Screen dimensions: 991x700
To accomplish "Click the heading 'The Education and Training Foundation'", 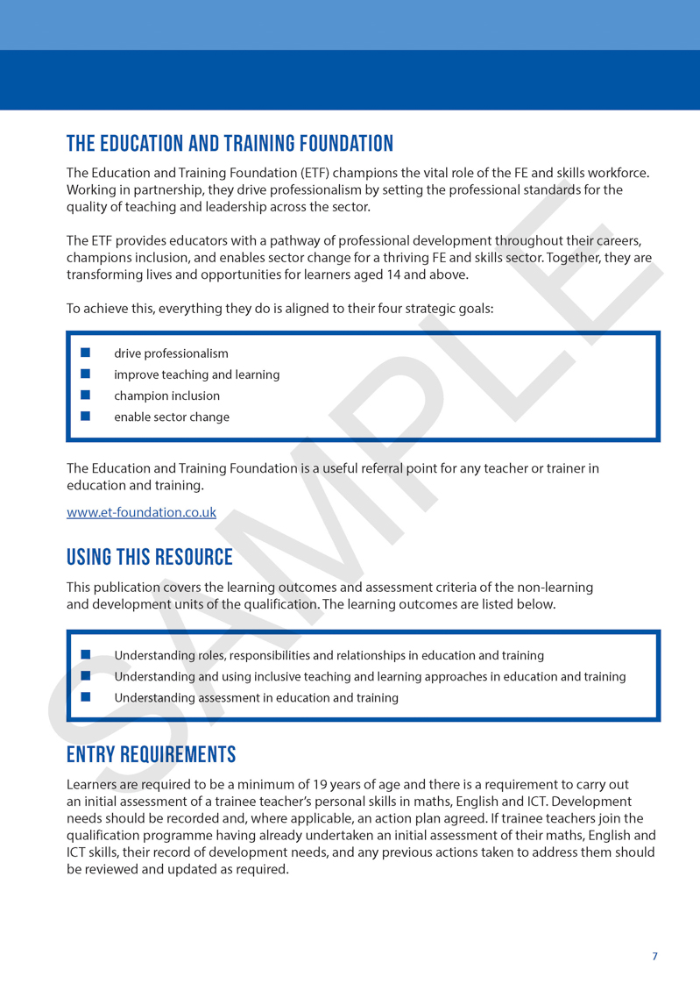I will click(x=230, y=144).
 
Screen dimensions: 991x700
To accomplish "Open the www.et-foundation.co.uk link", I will click(x=141, y=513).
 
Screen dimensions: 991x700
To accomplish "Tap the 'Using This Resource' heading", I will click(x=150, y=557).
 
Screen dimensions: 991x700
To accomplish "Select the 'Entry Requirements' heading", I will click(x=151, y=754).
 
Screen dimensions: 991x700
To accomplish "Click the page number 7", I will click(x=654, y=956).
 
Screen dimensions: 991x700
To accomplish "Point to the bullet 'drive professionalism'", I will click(x=171, y=353).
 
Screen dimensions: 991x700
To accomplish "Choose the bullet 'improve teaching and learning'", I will click(x=196, y=374).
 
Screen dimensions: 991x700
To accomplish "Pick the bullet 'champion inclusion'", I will click(x=166, y=396).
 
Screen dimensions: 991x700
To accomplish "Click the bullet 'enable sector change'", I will click(x=172, y=417).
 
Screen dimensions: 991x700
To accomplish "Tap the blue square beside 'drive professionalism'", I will click(x=86, y=353).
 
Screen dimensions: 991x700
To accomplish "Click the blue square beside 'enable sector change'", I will click(x=86, y=416).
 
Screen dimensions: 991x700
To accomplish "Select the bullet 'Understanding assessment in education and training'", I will click(x=256, y=698).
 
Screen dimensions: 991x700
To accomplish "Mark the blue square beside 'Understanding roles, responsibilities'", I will click(x=86, y=654).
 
